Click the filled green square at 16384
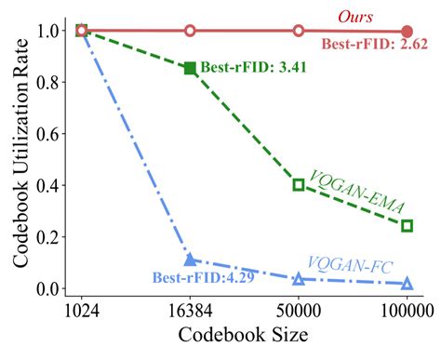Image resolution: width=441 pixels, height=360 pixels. pos(190,68)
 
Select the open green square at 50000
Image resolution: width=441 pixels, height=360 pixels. pos(299,184)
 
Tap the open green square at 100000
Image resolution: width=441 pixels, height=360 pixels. pos(407,225)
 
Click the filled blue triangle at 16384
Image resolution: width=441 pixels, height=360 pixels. pos(190,260)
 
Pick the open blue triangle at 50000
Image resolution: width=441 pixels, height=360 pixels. pos(299,278)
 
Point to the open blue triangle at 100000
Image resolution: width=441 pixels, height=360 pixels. pos(407,283)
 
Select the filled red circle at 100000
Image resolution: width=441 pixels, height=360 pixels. pos(407,32)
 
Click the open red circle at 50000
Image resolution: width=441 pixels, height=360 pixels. pos(299,31)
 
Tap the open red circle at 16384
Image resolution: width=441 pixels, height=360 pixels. pos(190,31)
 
